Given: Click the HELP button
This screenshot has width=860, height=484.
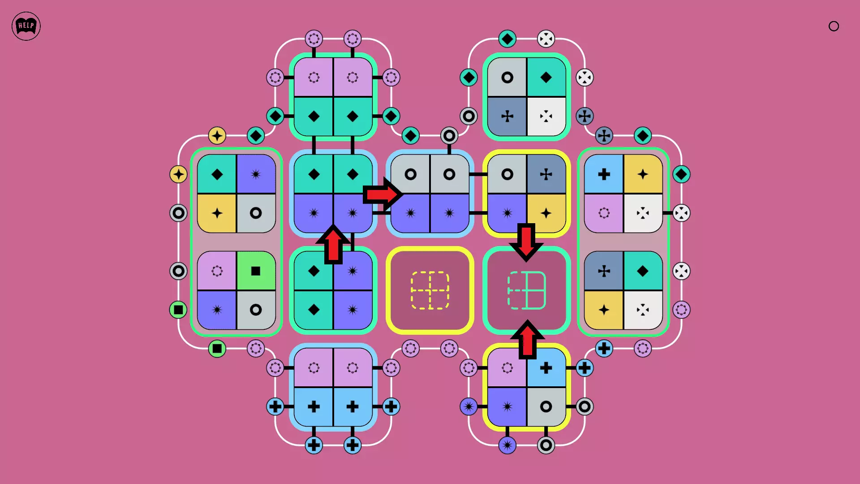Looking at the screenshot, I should tap(26, 26).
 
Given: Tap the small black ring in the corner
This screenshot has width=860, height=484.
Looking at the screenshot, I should tap(834, 26).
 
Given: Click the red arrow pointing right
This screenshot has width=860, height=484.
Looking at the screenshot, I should tap(382, 194).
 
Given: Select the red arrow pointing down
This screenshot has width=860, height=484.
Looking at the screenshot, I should tap(526, 242).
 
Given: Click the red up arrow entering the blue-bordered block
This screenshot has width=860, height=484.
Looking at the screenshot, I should tap(333, 244).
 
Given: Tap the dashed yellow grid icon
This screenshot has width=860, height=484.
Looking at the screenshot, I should tap(430, 290).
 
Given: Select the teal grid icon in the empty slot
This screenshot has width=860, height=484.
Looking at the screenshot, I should tap(527, 290).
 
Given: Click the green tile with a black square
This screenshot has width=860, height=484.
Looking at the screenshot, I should tap(256, 271).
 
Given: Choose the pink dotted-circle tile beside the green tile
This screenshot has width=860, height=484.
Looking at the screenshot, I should tap(217, 271).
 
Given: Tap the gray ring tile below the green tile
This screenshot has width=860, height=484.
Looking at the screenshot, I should tap(256, 310).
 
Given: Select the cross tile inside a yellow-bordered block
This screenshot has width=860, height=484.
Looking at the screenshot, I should tap(546, 174).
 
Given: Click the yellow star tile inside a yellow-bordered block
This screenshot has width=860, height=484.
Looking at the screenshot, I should tap(546, 213).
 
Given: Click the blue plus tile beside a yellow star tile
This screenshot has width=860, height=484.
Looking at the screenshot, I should tap(604, 174).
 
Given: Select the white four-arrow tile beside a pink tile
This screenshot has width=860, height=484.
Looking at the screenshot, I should tap(643, 213).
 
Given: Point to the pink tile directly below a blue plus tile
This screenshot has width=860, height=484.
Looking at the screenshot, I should tap(604, 213).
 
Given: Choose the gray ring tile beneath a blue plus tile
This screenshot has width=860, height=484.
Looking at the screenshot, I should tap(546, 407).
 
